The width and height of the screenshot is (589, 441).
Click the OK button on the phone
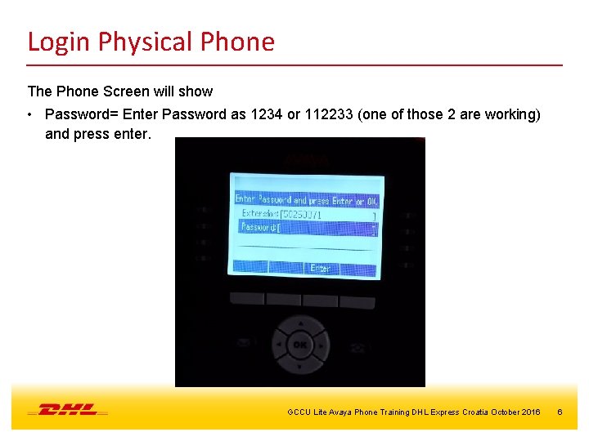(300, 345)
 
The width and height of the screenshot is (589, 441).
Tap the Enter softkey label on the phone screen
(320, 268)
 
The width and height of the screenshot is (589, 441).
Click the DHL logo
(68, 409)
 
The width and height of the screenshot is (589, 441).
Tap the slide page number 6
(560, 412)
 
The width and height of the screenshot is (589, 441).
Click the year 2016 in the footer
(529, 412)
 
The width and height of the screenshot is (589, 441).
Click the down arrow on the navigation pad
(300, 366)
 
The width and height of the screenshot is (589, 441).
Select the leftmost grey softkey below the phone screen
(246, 299)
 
